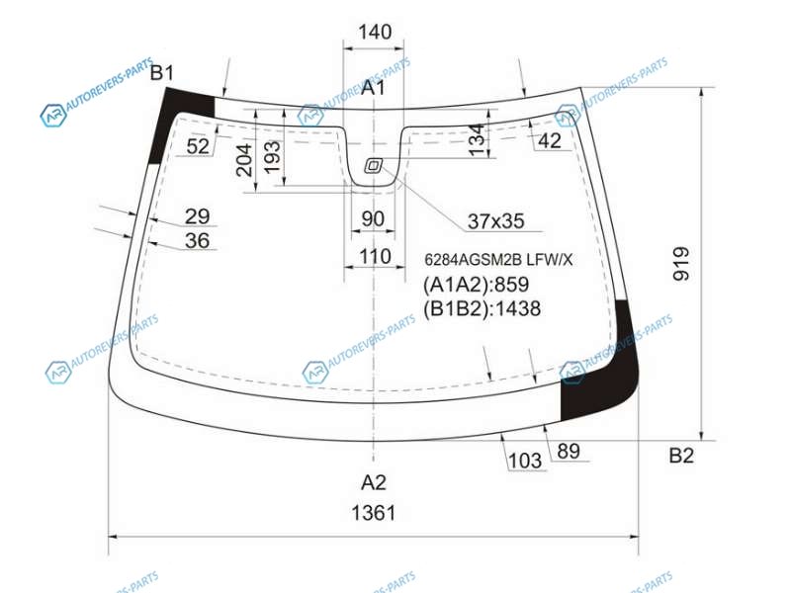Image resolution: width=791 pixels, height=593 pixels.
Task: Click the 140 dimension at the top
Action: [x=375, y=32]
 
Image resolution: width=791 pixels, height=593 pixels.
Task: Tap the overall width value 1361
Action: [x=374, y=513]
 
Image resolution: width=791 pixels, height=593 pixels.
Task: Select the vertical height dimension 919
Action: [x=681, y=263]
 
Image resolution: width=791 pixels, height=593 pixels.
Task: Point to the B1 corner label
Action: [x=162, y=73]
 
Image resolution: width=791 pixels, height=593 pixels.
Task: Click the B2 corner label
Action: [x=681, y=456]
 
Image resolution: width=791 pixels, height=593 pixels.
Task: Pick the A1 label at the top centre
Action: [x=374, y=88]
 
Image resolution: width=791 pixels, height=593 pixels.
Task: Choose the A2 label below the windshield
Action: [x=374, y=482]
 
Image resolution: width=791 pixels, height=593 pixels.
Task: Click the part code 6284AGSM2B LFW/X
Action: [x=498, y=260]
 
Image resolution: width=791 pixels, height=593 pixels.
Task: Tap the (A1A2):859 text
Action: [x=476, y=285]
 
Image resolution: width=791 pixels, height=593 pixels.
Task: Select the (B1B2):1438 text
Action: [x=482, y=308]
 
